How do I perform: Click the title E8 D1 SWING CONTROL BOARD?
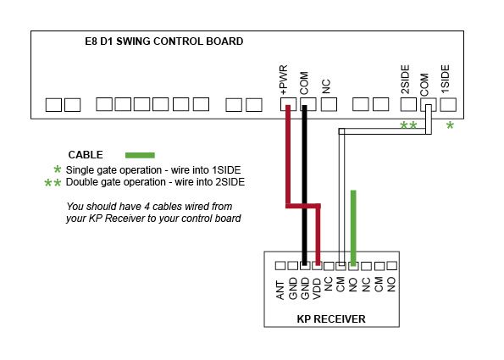tap(164, 42)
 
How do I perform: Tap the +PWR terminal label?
tap(284, 80)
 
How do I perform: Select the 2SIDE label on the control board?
tap(406, 80)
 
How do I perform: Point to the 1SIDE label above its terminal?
tap(446, 79)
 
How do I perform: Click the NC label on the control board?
tap(326, 86)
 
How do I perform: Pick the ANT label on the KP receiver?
tap(280, 291)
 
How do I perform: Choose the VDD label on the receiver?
tap(317, 288)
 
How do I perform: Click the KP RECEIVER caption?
tap(331, 319)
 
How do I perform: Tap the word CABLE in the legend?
tap(86, 155)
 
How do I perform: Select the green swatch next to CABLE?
tap(140, 155)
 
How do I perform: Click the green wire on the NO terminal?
tap(353, 228)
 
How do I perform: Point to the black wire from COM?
tap(304, 185)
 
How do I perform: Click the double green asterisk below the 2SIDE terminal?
tap(408, 125)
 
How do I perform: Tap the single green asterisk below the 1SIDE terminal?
tap(450, 125)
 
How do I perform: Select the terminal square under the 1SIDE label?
tap(448, 105)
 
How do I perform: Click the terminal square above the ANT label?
tap(280, 266)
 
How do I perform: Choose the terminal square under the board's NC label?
tap(330, 105)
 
